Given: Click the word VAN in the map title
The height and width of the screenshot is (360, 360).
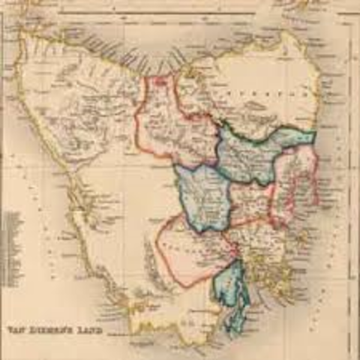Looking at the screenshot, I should coord(16,328).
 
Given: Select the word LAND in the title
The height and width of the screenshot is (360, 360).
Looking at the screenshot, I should coord(84,328).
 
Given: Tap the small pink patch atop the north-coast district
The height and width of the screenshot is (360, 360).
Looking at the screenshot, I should coord(160,80).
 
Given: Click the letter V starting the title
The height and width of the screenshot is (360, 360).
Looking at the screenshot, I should coord(9,328).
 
